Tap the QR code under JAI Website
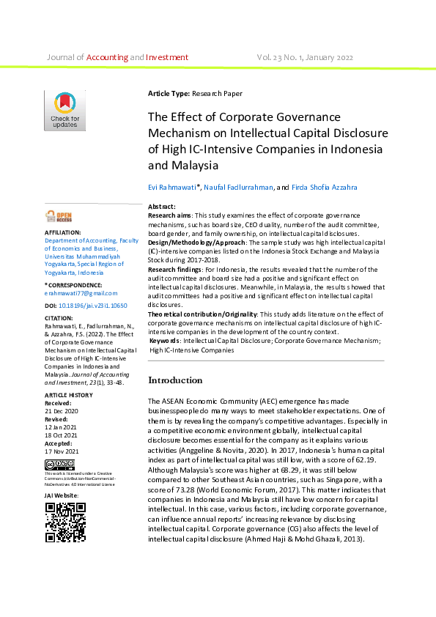click(x=65, y=522)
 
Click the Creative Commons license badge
click(x=59, y=465)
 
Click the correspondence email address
click(x=75, y=292)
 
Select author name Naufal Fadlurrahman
click(x=238, y=188)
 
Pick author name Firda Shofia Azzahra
click(x=325, y=188)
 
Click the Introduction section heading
click(x=175, y=380)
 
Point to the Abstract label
click(x=162, y=207)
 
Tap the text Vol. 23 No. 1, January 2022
click(x=305, y=57)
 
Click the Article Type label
click(x=169, y=94)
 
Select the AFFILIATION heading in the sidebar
click(x=63, y=232)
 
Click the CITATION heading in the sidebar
click(x=59, y=319)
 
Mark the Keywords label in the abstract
click(x=165, y=341)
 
